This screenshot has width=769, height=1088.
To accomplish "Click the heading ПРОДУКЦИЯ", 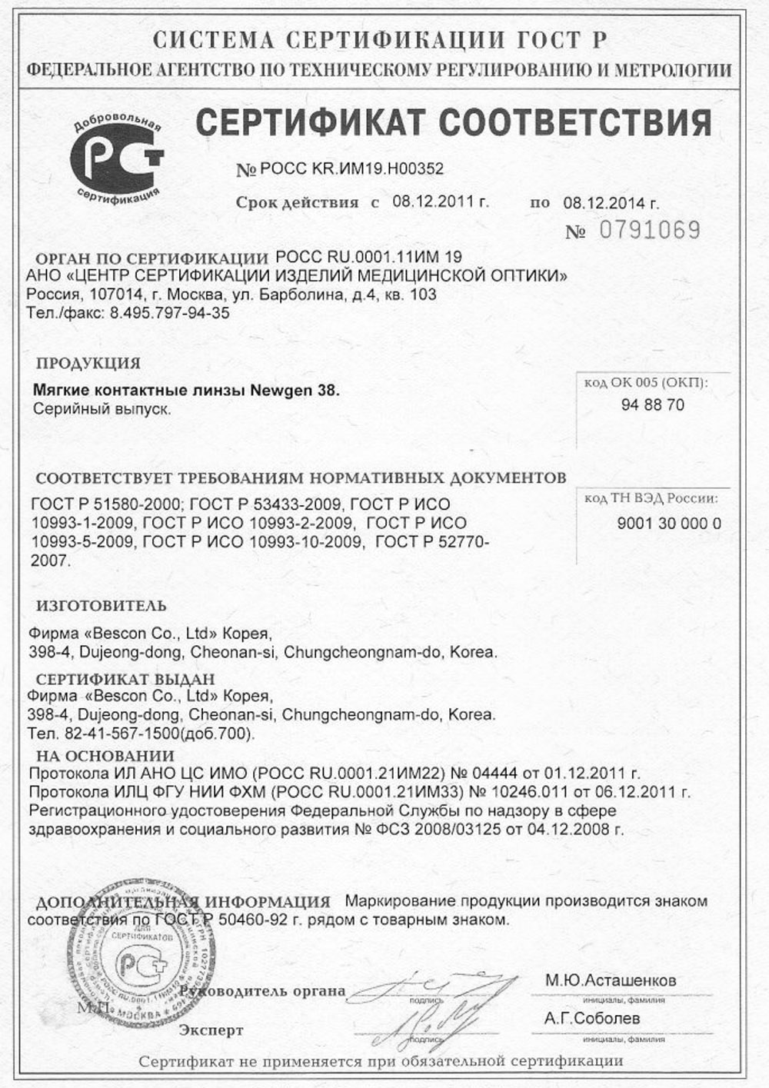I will pos(88,363).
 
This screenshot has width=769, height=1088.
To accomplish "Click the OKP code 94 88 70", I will pos(652,405).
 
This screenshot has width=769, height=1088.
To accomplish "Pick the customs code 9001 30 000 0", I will pos(669,524).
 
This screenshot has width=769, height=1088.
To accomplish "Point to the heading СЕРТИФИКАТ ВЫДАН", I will pos(125,680).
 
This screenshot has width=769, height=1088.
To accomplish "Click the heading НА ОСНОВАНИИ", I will pos(105,756).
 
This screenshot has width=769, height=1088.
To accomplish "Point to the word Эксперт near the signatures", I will pos(211,1030).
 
